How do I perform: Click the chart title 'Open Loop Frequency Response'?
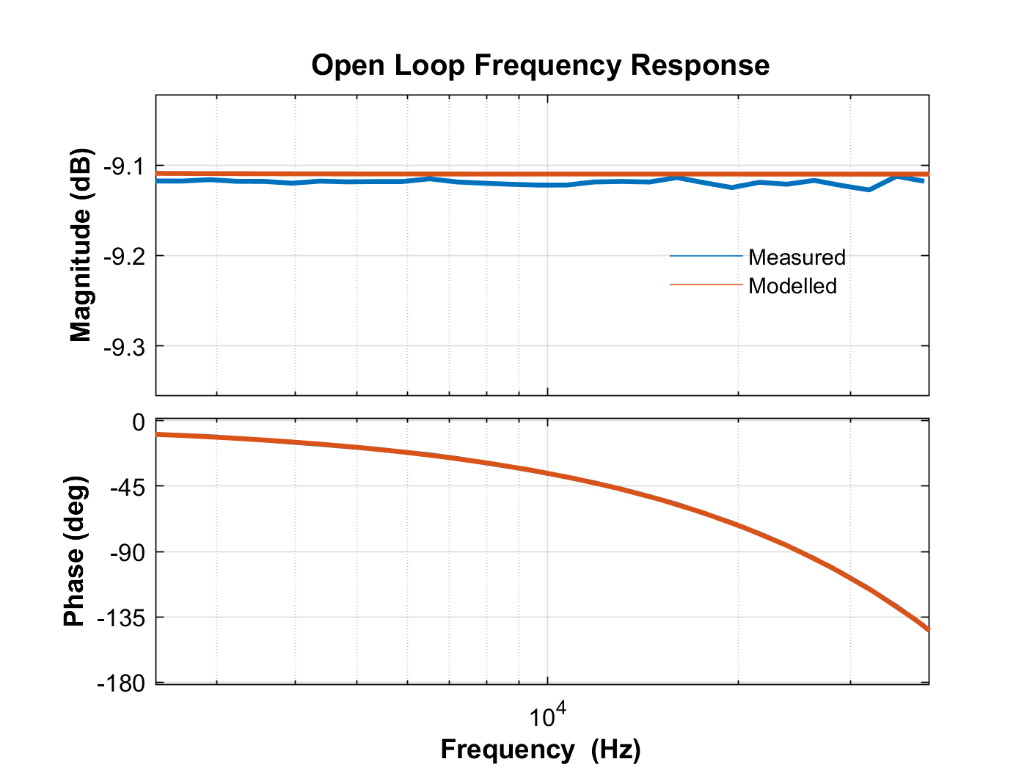pos(540,65)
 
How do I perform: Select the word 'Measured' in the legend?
pos(797,257)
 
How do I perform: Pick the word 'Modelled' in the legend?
pos(792,286)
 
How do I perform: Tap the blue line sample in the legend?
pos(706,256)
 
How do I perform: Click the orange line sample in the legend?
pos(706,285)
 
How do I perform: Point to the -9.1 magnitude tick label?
pos(124,167)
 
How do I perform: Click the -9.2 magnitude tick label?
pos(124,257)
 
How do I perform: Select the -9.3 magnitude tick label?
pos(124,346)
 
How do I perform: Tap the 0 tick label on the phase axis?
pos(138,422)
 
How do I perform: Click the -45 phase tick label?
pos(128,486)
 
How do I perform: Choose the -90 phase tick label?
pos(128,551)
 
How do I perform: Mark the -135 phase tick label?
pos(122,617)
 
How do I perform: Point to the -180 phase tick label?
pos(122,683)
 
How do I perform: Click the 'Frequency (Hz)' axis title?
pos(541,749)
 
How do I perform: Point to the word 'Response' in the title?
pos(700,65)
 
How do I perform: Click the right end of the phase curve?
pos(927,628)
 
